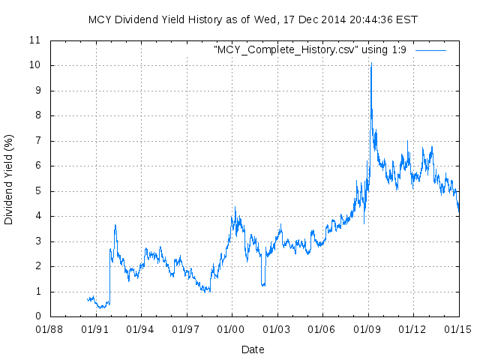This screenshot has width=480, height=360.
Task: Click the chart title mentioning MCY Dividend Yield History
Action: (253, 19)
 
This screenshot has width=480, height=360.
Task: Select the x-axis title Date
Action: (253, 349)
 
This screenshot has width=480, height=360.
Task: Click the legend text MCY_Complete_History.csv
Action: (311, 50)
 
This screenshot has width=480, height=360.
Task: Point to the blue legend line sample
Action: (430, 50)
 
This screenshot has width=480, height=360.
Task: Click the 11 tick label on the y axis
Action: (34, 40)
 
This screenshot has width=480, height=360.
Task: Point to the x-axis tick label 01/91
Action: (95, 328)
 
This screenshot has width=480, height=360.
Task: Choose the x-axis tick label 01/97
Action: (186, 328)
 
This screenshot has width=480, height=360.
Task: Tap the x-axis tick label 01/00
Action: (231, 328)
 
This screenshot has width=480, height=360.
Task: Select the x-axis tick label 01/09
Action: (367, 328)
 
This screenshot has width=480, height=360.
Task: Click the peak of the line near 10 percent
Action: (370, 64)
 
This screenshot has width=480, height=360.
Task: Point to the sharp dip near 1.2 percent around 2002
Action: (262, 285)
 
